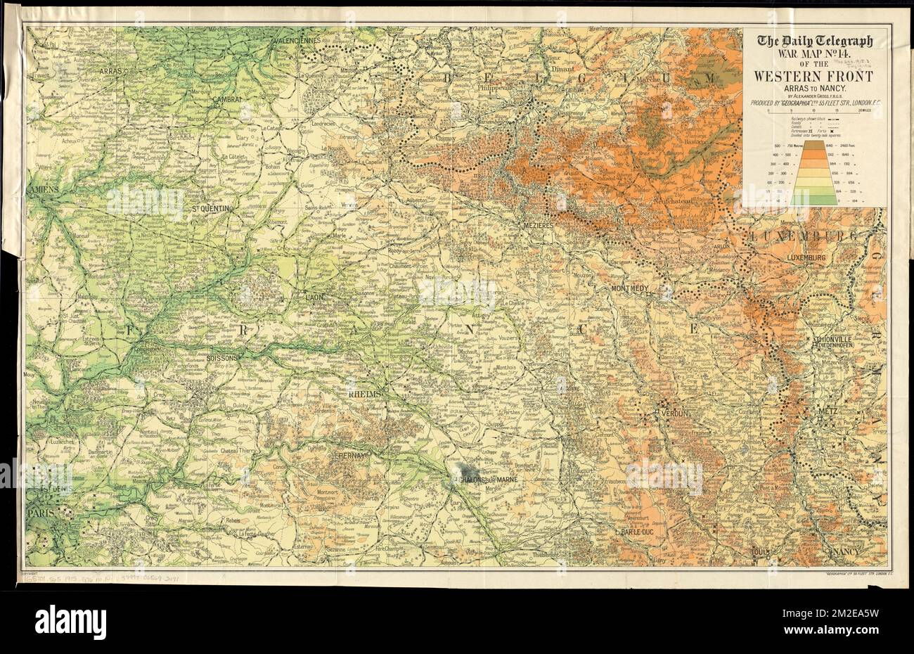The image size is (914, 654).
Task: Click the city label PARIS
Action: point(41,514)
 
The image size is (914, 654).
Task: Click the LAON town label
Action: point(314,297)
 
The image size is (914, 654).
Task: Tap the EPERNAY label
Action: point(349,456)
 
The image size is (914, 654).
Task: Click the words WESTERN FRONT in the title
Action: point(814,76)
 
